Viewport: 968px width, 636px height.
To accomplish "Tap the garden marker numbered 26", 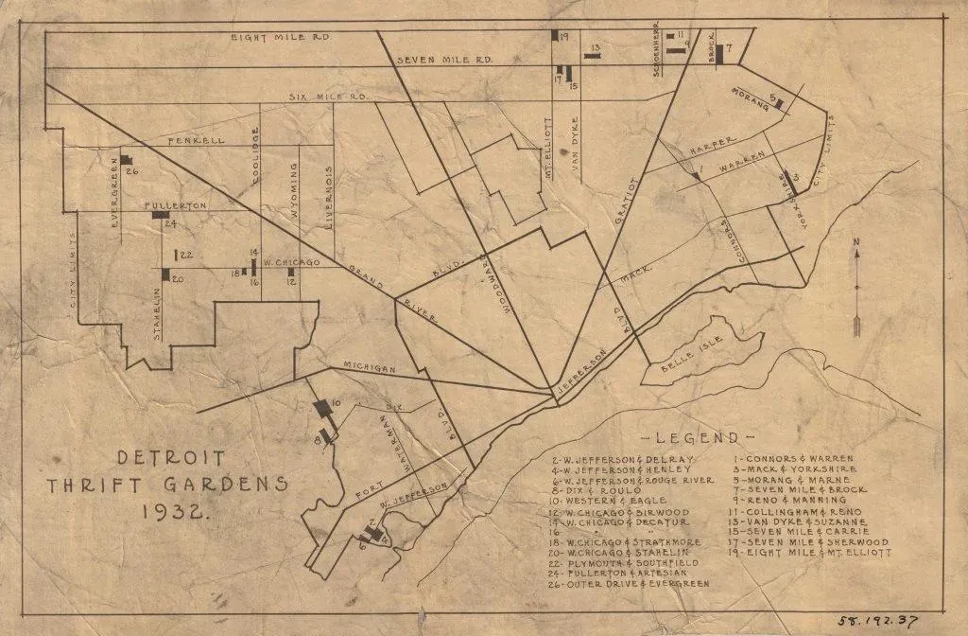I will click(124, 161).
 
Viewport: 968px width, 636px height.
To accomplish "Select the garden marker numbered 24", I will click(160, 215).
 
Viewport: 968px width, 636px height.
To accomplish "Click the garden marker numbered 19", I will click(555, 35).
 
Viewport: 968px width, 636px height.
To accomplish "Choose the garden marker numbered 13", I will click(593, 56).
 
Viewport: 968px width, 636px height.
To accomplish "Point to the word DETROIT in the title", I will click(171, 458).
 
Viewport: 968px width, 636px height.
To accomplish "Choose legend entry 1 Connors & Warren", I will click(793, 459).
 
